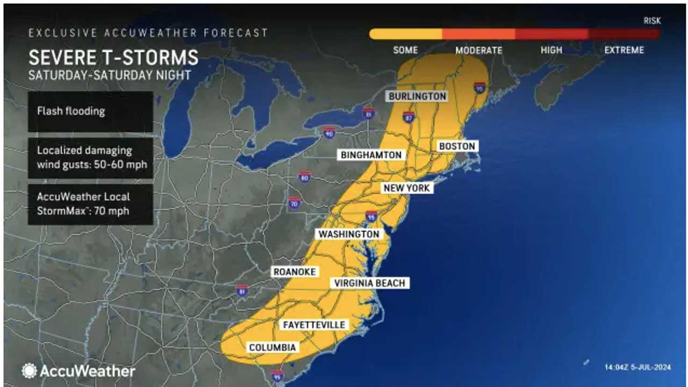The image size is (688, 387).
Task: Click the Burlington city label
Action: coord(418,96)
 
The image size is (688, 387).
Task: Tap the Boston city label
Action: coord(457,146)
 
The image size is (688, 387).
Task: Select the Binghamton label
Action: coord(371,155)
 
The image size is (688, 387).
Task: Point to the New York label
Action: coord(406,188)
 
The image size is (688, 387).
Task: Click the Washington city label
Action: coord(349,234)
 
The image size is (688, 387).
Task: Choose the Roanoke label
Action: coord(294,272)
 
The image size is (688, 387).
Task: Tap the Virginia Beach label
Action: coord(369,283)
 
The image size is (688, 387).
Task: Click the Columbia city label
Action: coord(273,348)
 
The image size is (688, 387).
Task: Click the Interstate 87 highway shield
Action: coord(408,117)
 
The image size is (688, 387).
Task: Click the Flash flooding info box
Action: coord(90,112)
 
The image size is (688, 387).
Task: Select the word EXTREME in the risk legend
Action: coord(623,50)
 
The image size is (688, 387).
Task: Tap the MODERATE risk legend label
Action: coord(478,50)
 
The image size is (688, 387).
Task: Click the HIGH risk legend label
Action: coord(551,50)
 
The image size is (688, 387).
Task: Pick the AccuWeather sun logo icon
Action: coord(29,370)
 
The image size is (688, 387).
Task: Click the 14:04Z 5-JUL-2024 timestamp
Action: coord(637,368)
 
